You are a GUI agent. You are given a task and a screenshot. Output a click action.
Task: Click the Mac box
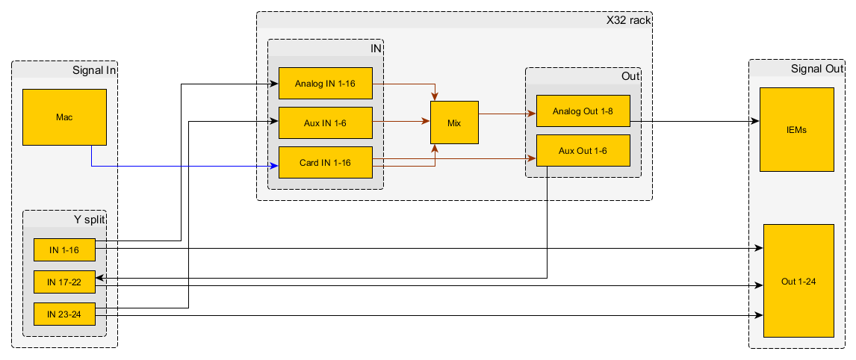[x=63, y=117]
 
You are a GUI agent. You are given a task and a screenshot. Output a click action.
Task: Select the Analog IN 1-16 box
[x=325, y=83]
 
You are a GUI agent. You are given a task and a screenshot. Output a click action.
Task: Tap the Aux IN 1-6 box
[x=325, y=122]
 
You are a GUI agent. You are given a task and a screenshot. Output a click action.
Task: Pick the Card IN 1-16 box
[x=325, y=162]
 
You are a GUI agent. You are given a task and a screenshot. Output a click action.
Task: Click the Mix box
[x=454, y=122]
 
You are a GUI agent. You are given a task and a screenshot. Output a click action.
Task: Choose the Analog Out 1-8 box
[x=583, y=111]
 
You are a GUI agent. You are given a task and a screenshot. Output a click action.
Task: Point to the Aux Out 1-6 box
[x=583, y=151]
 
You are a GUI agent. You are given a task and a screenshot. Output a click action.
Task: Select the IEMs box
[x=796, y=129]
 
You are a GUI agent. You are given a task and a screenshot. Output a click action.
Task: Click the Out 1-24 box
[x=798, y=281]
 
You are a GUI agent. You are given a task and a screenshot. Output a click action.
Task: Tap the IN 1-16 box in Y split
[x=64, y=250]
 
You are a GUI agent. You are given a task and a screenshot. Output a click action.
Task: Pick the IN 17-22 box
[x=64, y=282]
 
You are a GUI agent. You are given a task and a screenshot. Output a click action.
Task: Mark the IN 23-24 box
[x=64, y=314]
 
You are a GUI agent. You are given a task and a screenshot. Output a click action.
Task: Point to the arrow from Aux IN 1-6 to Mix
[x=401, y=121]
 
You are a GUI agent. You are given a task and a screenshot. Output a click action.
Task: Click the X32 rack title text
[x=627, y=20]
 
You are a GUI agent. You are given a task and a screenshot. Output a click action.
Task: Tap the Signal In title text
[x=94, y=70]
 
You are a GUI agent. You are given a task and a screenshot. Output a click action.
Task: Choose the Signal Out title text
[x=816, y=69]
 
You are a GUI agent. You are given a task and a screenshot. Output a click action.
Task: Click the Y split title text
[x=89, y=220]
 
